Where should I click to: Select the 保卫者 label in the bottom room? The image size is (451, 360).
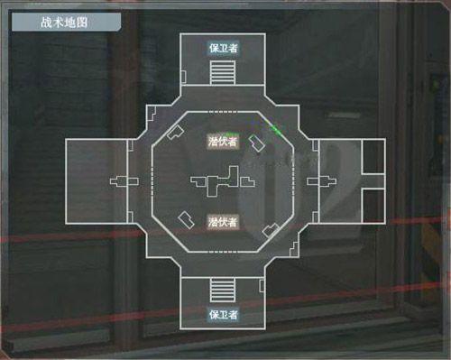click(222, 315)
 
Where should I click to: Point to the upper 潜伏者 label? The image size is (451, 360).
click(222, 141)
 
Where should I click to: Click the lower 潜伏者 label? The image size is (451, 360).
click(222, 221)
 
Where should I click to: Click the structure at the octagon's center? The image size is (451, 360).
click(219, 180)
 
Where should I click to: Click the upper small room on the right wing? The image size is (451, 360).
click(371, 155)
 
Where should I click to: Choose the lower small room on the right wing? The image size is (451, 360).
click(371, 206)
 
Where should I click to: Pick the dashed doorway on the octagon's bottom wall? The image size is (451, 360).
click(222, 249)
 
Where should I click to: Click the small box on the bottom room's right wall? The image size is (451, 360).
click(262, 287)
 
